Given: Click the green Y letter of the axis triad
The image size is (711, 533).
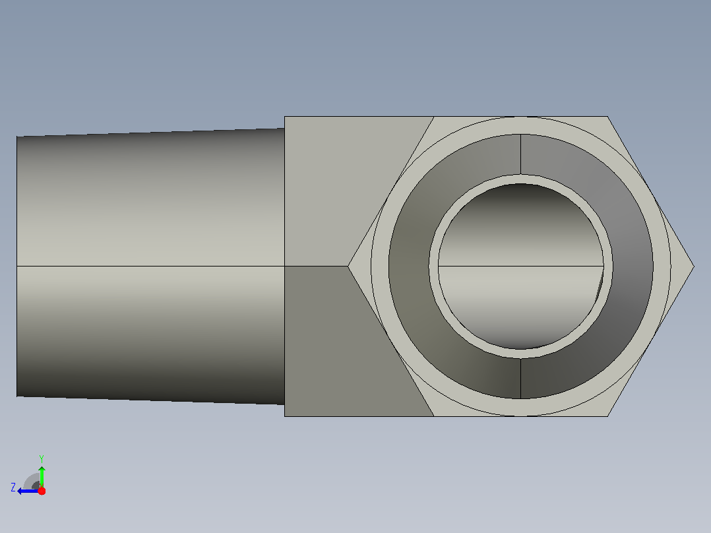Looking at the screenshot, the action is tap(42, 458).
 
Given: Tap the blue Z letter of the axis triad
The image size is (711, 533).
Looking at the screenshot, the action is tap(13, 487).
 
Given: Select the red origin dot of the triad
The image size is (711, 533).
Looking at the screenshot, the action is tap(42, 491).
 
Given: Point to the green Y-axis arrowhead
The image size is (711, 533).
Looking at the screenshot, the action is tap(42, 469).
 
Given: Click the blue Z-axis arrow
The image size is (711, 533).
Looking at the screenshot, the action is tap(28, 491).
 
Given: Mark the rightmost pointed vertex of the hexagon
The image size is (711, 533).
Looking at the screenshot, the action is tap(694, 266).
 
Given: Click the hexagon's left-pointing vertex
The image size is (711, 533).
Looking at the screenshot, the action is tap(348, 266).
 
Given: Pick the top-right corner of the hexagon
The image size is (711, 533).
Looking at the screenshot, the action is tap(607, 117).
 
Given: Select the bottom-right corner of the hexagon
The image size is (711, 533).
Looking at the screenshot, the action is tap(607, 416).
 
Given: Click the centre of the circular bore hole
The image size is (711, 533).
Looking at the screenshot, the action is tap(520, 266).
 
